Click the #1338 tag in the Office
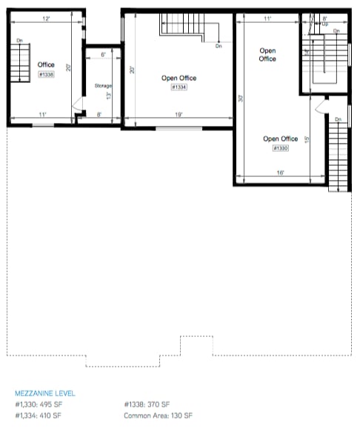pyautogui.click(x=46, y=75)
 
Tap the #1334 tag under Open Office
pyautogui.click(x=179, y=87)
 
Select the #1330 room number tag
pyautogui.click(x=280, y=148)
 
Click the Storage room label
pyautogui.click(x=103, y=87)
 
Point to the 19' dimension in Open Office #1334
pyautogui.click(x=179, y=116)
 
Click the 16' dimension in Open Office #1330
pyautogui.click(x=280, y=173)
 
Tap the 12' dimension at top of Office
pyautogui.click(x=45, y=18)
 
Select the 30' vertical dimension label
pyautogui.click(x=241, y=97)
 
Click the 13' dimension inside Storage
pyautogui.click(x=109, y=96)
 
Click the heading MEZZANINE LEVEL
pyautogui.click(x=44, y=393)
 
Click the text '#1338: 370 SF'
pyautogui.click(x=147, y=404)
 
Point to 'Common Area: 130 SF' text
pyautogui.click(x=159, y=415)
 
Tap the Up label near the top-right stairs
pyautogui.click(x=324, y=24)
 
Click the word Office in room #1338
pyautogui.click(x=46, y=65)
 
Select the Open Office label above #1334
pyautogui.click(x=179, y=78)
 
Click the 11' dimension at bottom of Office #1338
pyautogui.click(x=42, y=114)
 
